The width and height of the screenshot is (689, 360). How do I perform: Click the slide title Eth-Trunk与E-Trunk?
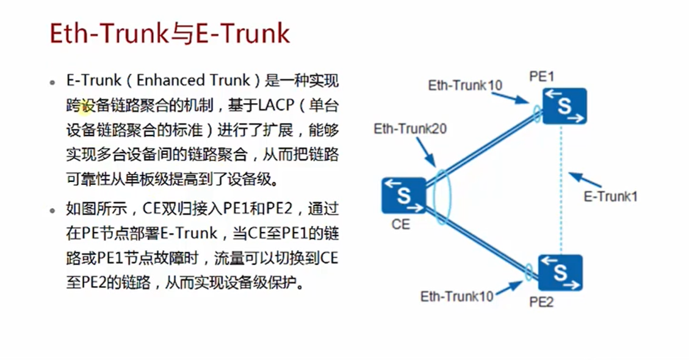click(169, 34)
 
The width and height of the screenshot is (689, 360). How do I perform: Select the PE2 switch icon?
click(560, 273)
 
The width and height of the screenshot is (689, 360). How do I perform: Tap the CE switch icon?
click(403, 195)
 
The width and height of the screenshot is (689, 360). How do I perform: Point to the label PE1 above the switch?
click(542, 77)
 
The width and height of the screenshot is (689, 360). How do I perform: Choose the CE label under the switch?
click(401, 225)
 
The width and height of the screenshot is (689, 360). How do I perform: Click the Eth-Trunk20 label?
click(410, 129)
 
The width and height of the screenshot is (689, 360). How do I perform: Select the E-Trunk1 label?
click(610, 196)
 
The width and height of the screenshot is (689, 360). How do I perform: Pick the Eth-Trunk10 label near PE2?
click(457, 297)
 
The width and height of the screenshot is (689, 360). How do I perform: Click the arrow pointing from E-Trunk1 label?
click(584, 182)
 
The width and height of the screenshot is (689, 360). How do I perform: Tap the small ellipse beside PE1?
click(536, 113)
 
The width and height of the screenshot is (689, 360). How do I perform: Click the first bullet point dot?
click(53, 82)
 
